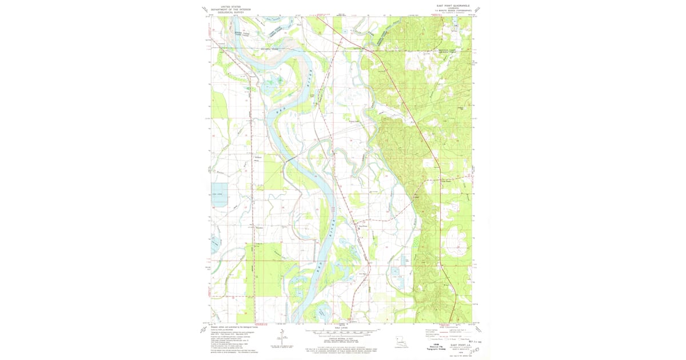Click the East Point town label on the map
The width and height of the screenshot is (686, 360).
[362, 225]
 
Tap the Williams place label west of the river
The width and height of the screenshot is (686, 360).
[257, 157]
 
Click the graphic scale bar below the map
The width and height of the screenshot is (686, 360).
[341, 331]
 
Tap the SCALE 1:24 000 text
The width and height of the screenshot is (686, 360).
[341, 327]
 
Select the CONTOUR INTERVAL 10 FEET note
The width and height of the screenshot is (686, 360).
[341, 339]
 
